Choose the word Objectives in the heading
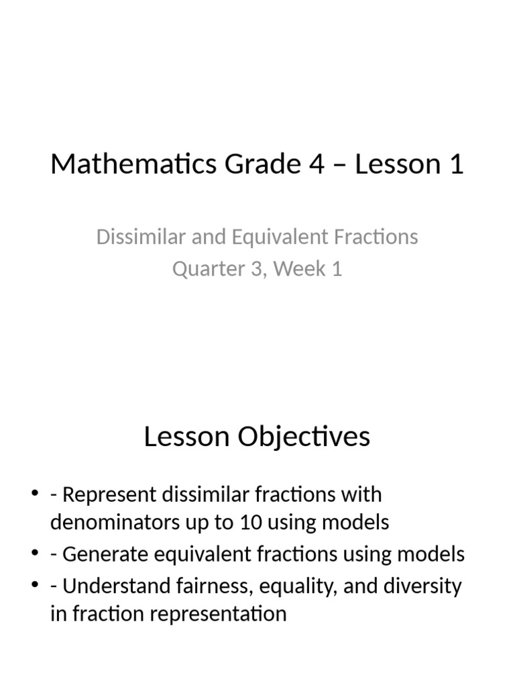pyautogui.click(x=307, y=437)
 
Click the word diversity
pyautogui.click(x=422, y=586)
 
